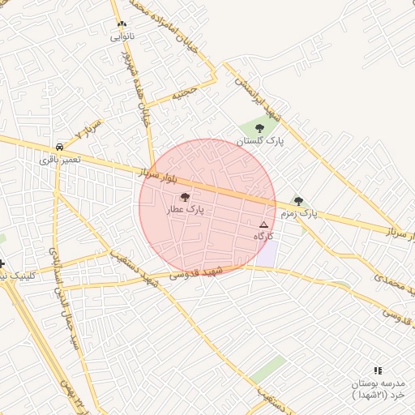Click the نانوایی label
click(122, 36)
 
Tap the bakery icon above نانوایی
click(122, 24)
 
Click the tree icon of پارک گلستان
click(259, 127)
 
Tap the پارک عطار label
click(186, 209)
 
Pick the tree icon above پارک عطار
click(185, 197)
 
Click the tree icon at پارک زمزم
click(298, 201)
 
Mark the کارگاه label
click(264, 236)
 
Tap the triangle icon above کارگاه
click(263, 224)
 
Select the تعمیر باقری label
click(60, 160)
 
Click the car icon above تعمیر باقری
click(60, 147)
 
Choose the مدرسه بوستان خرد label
click(377, 388)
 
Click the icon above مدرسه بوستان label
click(378, 370)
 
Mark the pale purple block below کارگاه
click(267, 253)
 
